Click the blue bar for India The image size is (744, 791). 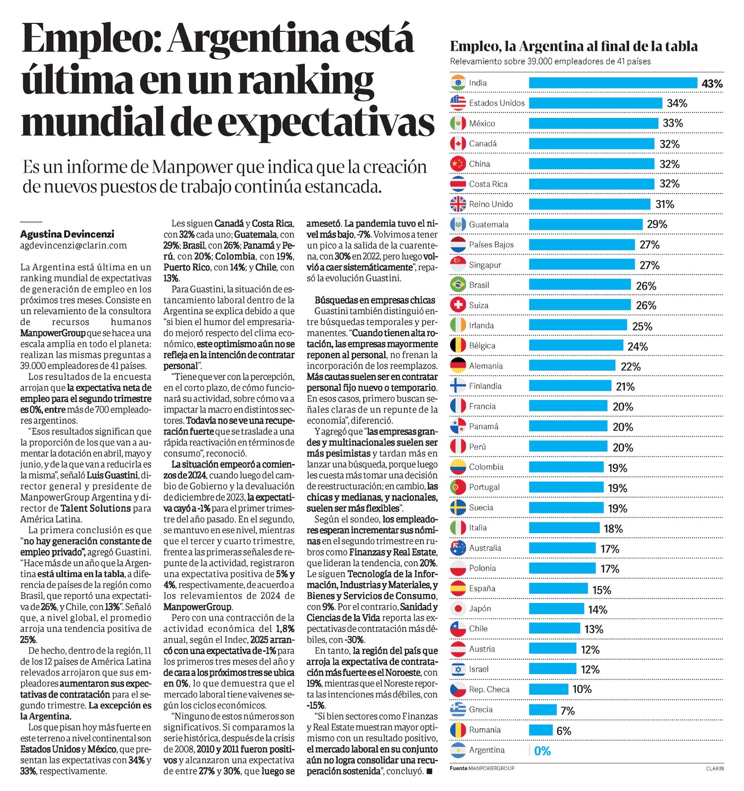pos(613,83)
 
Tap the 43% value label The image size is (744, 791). pos(712,84)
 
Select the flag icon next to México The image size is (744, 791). pos(458,123)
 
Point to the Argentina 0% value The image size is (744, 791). pos(543,751)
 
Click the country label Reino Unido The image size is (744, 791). pos(491,204)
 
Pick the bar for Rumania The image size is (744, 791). pos(541,730)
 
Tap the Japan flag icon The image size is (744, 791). pos(458,608)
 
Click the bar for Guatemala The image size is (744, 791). pos(586,224)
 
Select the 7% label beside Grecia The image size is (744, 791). pos(567,710)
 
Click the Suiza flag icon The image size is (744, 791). pos(458,305)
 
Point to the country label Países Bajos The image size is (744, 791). pos(491,245)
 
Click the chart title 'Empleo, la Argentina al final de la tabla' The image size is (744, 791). pos(573,46)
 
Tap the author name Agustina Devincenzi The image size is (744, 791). pos(67,234)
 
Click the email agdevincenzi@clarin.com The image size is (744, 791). pos(74,245)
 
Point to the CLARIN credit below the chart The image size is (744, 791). pos(715,769)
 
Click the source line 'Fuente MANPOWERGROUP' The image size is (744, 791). pos(482,769)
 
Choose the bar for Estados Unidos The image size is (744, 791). pos(595,103)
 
